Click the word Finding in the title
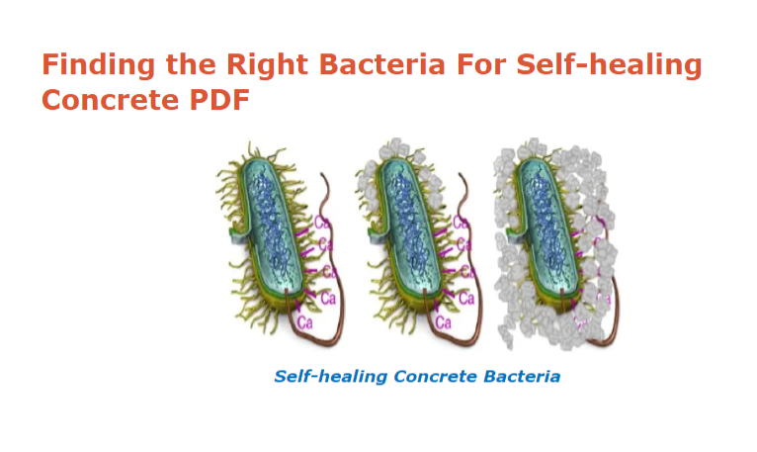[x=99, y=65]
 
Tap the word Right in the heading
[x=267, y=64]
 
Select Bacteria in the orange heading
[x=381, y=64]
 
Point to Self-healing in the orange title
[x=610, y=65]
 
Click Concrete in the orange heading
[x=111, y=100]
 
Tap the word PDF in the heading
[x=219, y=100]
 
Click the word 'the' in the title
[x=191, y=64]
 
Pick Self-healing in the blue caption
[x=331, y=376]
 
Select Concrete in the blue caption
[x=435, y=376]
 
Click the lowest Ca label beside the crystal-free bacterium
[x=305, y=322]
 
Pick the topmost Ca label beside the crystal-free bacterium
[x=322, y=223]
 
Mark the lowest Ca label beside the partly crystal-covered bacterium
[x=443, y=322]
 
